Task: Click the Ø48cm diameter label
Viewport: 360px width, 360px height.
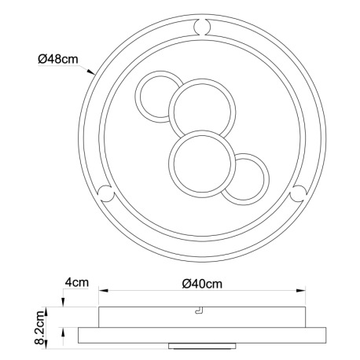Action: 58,59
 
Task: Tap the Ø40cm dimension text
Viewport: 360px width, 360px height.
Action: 202,284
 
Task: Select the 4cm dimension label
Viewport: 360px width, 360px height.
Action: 77,282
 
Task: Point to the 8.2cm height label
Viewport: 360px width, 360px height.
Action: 40,328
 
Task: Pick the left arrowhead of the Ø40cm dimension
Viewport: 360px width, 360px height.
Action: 104,291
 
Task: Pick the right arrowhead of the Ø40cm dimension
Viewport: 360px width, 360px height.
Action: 300,291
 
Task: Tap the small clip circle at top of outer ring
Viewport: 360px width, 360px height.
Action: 202,27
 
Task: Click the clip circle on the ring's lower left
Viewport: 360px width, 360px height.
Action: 105,193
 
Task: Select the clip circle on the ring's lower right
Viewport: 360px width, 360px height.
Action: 299,193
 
